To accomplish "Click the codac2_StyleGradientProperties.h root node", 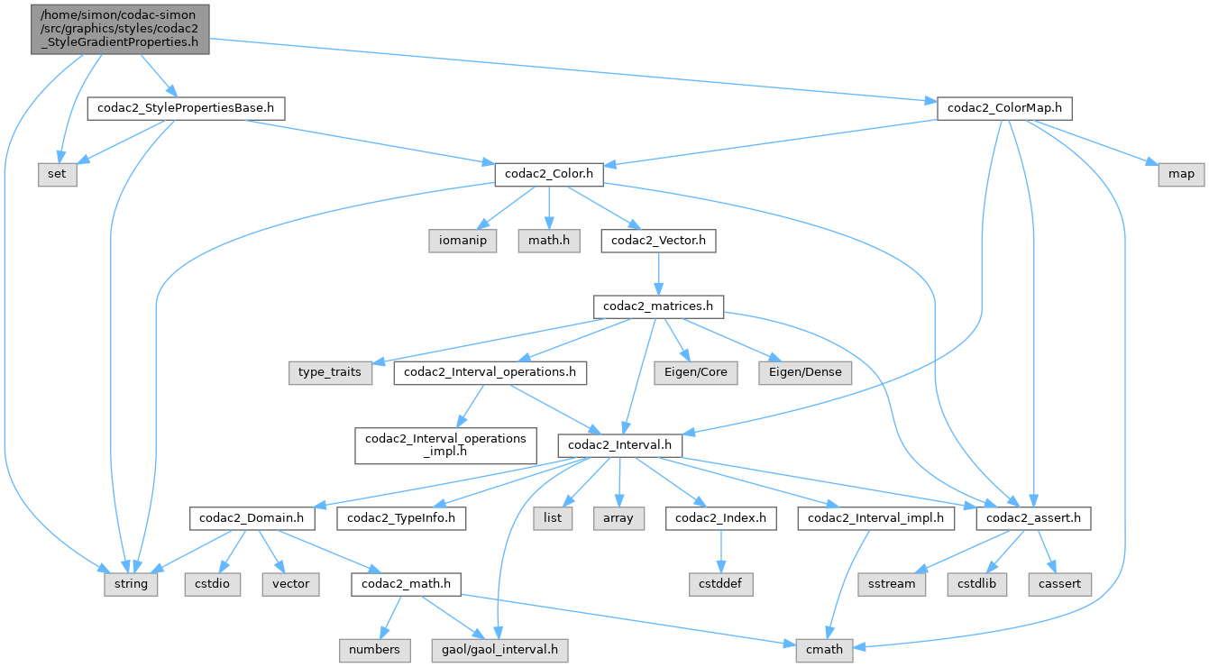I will point(121,29).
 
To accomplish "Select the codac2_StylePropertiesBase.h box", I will point(186,109).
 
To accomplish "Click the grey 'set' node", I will point(57,174).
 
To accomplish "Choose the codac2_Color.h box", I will point(548,174).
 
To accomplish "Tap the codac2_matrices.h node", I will point(658,306).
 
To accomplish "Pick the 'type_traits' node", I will point(331,372).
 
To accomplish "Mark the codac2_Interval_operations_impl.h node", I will point(444,445).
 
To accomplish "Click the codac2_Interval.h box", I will point(619,445).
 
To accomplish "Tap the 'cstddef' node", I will point(719,583).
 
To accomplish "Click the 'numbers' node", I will point(374,649).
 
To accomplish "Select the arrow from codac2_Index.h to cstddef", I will point(719,551).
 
